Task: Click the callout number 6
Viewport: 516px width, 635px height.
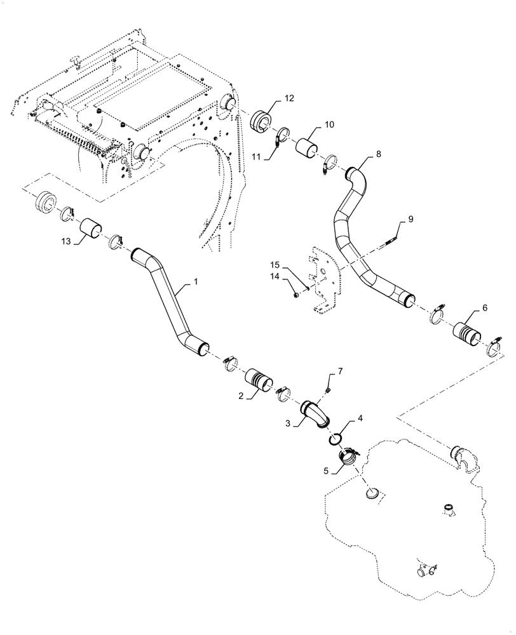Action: (x=485, y=307)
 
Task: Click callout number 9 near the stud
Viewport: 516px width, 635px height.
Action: (x=411, y=219)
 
